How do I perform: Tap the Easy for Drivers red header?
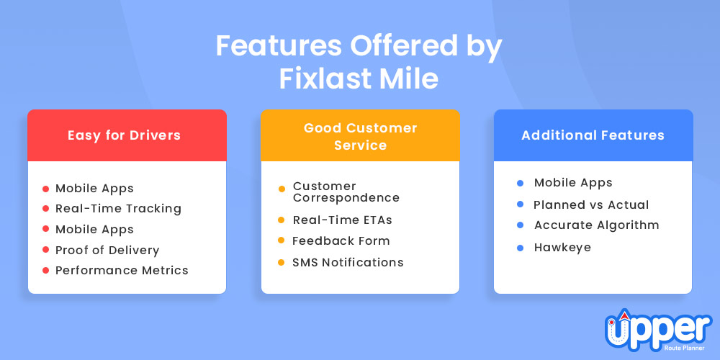pos(127,135)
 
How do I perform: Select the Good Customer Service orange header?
pos(361,135)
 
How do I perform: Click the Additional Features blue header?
pos(593,135)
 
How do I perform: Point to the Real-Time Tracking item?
pos(119,209)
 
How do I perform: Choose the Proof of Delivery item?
pos(107,251)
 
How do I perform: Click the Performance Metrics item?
pos(122,271)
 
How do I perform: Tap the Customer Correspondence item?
pos(346,192)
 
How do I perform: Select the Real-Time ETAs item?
pos(343,220)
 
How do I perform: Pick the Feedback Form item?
pos(341,240)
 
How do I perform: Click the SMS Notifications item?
pos(348,262)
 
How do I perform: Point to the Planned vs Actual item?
pos(591,204)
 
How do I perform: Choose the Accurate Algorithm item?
pos(597,225)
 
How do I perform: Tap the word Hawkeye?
pos(562,248)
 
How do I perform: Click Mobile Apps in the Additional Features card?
pos(574,183)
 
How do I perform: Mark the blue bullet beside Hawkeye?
pos(521,248)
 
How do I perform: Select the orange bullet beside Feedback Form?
pos(282,240)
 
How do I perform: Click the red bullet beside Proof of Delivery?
pos(45,250)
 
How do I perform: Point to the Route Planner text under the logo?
pos(687,348)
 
